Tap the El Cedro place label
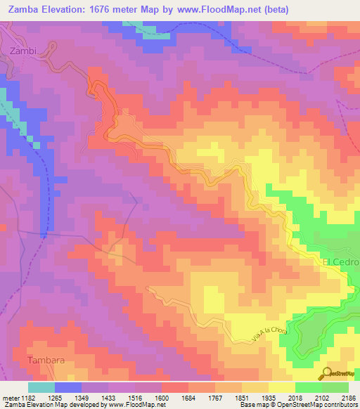(x=341, y=262)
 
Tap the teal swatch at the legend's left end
(x=41, y=387)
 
